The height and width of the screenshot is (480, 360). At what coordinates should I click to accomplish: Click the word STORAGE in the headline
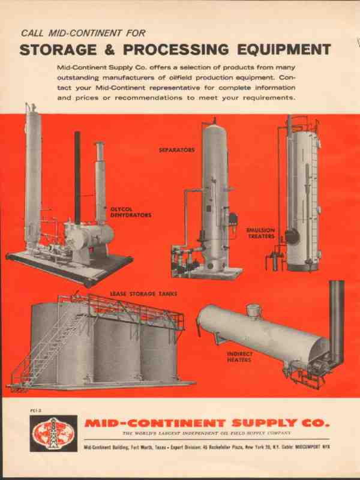(58, 50)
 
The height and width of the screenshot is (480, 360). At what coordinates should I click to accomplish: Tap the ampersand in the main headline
(110, 50)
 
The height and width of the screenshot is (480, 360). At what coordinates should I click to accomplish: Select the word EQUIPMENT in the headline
(284, 50)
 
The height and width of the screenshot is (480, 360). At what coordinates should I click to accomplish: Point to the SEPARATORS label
(176, 150)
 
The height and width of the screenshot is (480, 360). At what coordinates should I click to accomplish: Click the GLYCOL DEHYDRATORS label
(131, 212)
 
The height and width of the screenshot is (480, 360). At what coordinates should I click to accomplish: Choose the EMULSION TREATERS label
(260, 233)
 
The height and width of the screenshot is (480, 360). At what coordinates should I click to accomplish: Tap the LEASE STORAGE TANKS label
(143, 294)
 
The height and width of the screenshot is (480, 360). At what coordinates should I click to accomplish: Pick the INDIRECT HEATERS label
(239, 356)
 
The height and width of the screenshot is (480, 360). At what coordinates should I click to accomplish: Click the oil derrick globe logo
(53, 433)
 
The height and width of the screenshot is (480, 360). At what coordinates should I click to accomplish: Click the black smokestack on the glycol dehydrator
(77, 178)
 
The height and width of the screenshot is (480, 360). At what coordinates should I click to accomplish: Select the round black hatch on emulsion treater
(292, 236)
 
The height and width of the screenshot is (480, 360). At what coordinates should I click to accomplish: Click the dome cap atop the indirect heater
(254, 310)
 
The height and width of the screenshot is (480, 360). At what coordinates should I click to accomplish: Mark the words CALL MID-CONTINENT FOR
(83, 33)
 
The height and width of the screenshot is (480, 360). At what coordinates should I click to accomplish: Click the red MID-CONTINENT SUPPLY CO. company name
(207, 424)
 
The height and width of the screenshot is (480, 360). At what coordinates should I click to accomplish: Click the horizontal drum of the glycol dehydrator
(88, 235)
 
